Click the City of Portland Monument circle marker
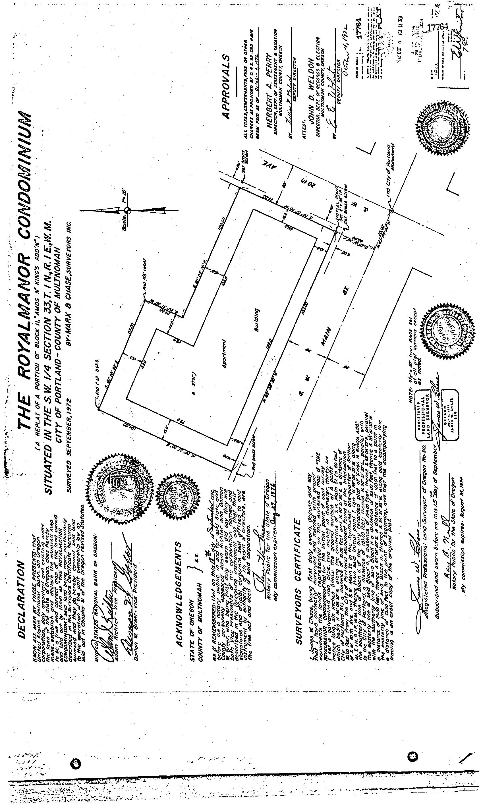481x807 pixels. [391, 211]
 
